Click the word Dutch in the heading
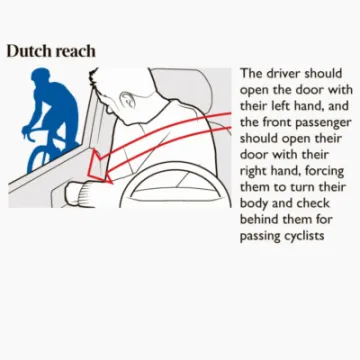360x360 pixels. (27, 50)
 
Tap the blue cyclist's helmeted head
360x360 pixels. (45, 78)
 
